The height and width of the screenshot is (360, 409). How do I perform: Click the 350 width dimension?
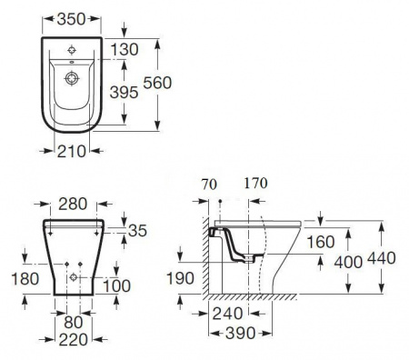coord(72,19)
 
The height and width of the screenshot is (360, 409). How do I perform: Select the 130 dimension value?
coord(125,49)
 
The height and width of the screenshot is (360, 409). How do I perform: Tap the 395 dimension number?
coord(124,92)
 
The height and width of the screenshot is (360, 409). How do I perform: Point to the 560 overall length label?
coord(157,83)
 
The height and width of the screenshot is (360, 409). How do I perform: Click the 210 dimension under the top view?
coord(72,151)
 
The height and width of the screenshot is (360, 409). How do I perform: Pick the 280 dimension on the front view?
coord(73,204)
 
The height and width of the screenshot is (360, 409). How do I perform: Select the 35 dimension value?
coord(137,231)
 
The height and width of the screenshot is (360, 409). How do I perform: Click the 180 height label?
coord(25,279)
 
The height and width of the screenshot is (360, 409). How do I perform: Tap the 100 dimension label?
coord(117,285)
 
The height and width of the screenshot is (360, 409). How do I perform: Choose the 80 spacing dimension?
coord(74,322)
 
